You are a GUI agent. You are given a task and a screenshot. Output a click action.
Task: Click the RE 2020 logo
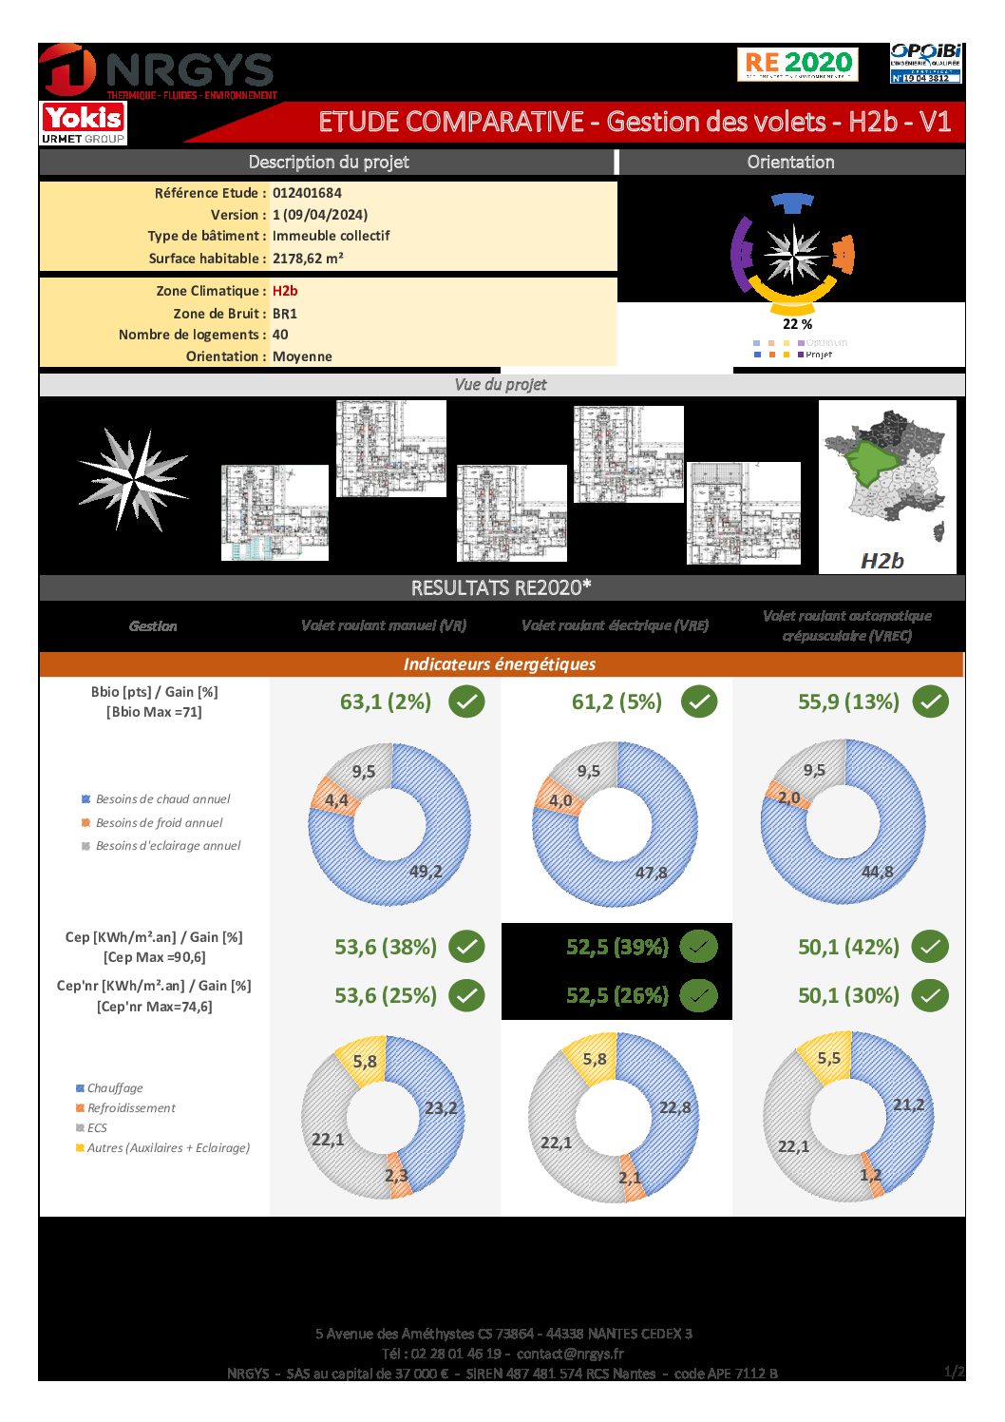(797, 64)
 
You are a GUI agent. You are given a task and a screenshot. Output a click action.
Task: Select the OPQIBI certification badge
(925, 63)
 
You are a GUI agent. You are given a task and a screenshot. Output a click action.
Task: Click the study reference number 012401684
(307, 193)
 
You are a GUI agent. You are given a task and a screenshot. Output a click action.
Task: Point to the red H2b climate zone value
(285, 291)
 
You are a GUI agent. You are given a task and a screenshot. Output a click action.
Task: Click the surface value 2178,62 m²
(308, 259)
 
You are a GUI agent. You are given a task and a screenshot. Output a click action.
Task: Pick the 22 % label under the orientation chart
(797, 324)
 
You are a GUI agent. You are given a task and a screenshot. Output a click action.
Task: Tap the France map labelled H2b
(886, 487)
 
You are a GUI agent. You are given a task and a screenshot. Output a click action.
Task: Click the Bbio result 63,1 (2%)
(385, 702)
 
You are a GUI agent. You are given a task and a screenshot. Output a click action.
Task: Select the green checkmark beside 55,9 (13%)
(930, 702)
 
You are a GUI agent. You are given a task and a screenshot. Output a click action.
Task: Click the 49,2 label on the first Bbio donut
(426, 872)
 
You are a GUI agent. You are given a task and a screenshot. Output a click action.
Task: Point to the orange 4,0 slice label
(560, 800)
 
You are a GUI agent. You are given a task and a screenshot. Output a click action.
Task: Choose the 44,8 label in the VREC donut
(877, 872)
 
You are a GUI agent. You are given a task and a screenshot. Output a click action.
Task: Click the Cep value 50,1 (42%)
(848, 948)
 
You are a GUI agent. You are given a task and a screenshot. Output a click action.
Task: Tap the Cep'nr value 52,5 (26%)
(617, 996)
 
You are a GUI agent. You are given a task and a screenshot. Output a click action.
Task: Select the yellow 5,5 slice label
(828, 1059)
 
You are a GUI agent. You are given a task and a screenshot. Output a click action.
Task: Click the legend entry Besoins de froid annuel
(159, 823)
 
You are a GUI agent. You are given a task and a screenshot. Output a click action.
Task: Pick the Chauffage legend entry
(115, 1088)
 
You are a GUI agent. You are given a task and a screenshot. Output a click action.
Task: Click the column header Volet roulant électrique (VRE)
(615, 625)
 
